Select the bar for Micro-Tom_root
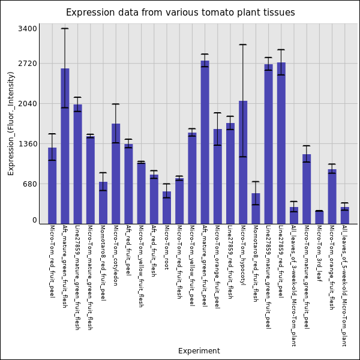[x=167, y=208]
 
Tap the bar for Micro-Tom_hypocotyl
[x=243, y=162]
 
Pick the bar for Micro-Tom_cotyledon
[x=116, y=173]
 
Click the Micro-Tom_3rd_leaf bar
[x=319, y=217]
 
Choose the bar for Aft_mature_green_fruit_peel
[x=205, y=142]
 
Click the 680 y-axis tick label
[x=30, y=184]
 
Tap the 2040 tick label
[x=28, y=103]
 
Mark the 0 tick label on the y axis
[x=35, y=220]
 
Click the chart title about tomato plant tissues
[x=180, y=13]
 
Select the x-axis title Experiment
[x=199, y=351]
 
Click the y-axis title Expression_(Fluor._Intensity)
[x=11, y=123]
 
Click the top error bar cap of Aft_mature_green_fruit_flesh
[x=65, y=28]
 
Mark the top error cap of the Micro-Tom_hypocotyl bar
[x=243, y=44]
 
